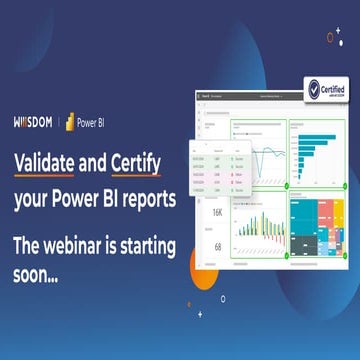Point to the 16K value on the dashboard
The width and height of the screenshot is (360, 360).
[x=218, y=212]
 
